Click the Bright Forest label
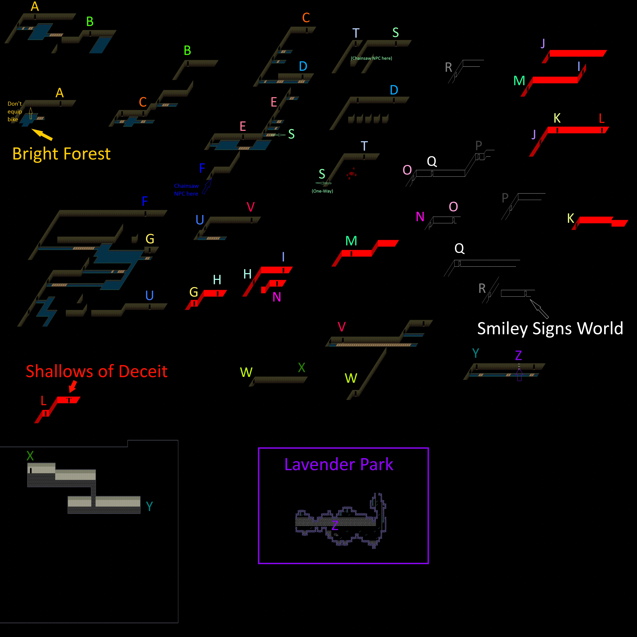pyautogui.click(x=61, y=154)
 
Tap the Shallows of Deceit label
pyautogui.click(x=97, y=371)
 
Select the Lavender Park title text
pyautogui.click(x=339, y=464)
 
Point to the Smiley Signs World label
pyautogui.click(x=550, y=328)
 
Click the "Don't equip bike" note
pyautogui.click(x=14, y=111)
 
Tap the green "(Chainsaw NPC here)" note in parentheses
pyautogui.click(x=371, y=58)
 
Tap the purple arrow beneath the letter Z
pyautogui.click(x=519, y=375)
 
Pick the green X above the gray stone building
pyautogui.click(x=30, y=456)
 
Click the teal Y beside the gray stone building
pyautogui.click(x=149, y=506)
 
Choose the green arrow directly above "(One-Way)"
pyautogui.click(x=323, y=183)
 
